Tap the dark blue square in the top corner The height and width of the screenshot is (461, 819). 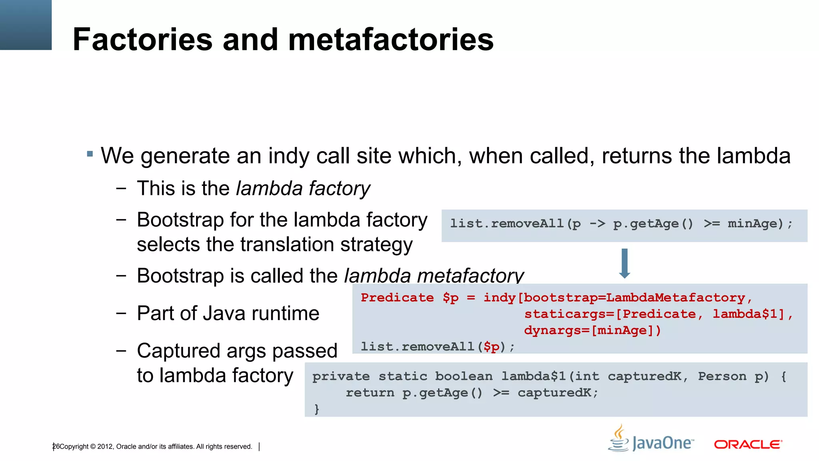pos(26,25)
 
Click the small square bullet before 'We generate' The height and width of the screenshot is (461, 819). pos(90,154)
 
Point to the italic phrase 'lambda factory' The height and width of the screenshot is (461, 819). pos(303,188)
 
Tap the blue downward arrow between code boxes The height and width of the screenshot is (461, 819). pos(625,263)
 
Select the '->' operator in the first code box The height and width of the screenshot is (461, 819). pos(597,223)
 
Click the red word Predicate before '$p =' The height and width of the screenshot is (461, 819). pos(397,298)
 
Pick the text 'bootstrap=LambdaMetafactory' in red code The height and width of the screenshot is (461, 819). pos(634,298)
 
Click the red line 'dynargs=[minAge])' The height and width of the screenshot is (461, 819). pos(592,330)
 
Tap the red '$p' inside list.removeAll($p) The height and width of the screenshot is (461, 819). pos(491,347)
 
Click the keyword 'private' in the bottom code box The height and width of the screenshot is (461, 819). pos(341,376)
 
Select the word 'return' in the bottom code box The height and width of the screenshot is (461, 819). pos(370,393)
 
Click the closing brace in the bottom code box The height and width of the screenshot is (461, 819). pos(317,409)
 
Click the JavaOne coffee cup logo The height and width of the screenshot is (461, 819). pos(619,439)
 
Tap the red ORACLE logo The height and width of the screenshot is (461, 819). pos(748,444)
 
